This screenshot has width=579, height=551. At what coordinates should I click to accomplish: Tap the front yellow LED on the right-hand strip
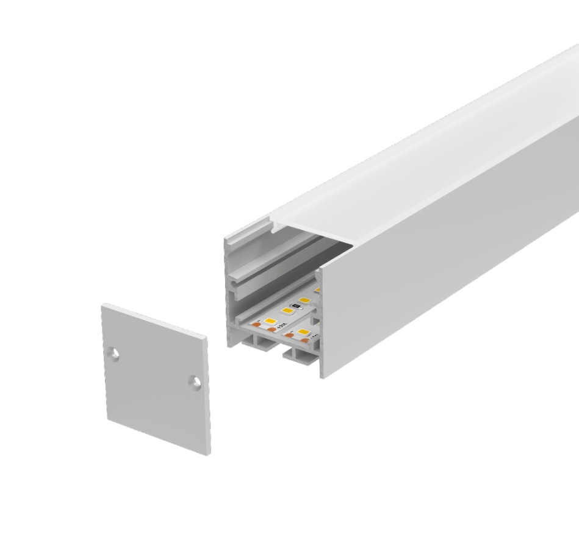(303, 333)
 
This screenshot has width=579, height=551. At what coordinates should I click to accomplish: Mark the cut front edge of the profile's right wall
(321, 317)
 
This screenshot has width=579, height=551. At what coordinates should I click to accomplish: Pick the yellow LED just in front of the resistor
(286, 311)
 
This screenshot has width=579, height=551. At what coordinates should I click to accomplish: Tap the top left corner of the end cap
(103, 307)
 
